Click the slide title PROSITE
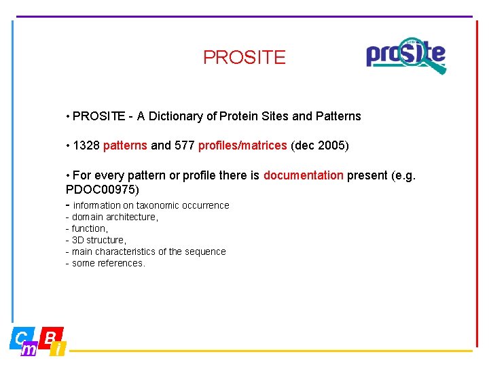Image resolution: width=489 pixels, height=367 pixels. pos(244,58)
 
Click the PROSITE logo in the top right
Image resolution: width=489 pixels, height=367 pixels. pos(405,55)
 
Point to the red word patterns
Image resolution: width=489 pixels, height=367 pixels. pos(125,145)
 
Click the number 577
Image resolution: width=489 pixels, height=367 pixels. pos(184,145)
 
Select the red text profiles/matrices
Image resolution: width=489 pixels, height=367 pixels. pos(242,145)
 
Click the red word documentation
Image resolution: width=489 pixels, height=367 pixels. pos(303,175)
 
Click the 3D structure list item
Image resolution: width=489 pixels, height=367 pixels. pos(98,240)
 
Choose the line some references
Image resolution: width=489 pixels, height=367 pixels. pos(108,263)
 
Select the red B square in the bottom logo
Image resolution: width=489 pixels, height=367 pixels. pos(51,336)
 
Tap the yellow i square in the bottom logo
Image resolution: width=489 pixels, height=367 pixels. pos(59,349)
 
